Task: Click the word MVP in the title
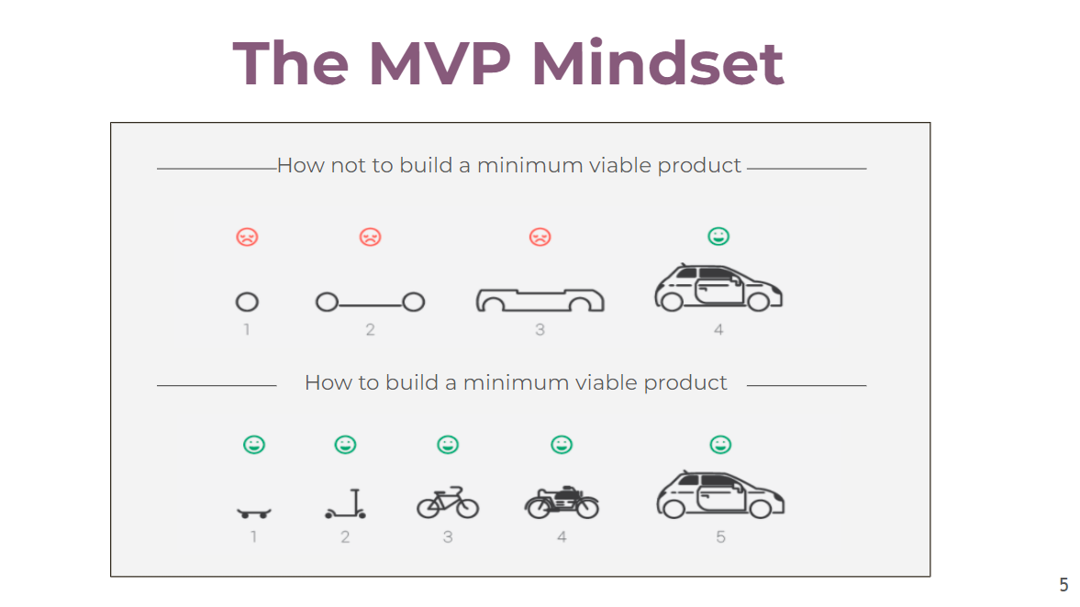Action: point(440,63)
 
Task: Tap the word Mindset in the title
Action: point(658,63)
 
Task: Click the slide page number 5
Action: point(1063,584)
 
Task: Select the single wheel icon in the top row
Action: point(247,302)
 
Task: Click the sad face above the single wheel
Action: point(247,237)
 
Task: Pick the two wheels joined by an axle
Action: point(370,302)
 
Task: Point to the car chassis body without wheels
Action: point(540,301)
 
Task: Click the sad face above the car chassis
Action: point(540,237)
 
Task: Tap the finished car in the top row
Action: point(718,287)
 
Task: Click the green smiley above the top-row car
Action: point(718,236)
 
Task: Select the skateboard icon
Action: point(254,513)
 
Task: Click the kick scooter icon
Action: point(346,503)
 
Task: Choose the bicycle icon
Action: point(448,502)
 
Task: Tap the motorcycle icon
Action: point(562,502)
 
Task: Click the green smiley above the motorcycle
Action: point(562,445)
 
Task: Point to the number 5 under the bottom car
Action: point(720,536)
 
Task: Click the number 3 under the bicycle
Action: point(448,536)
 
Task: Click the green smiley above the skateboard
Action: point(254,445)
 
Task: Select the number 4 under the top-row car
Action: point(718,330)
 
